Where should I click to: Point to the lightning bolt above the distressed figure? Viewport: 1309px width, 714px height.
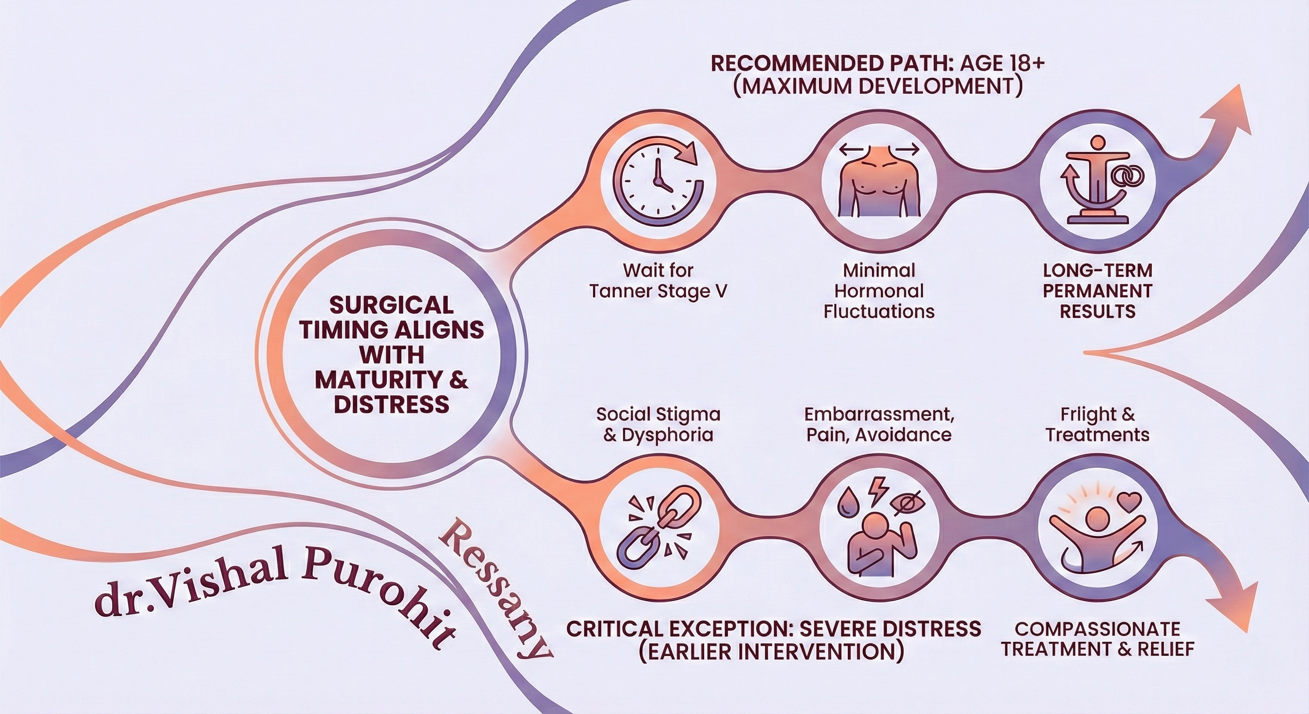point(879,490)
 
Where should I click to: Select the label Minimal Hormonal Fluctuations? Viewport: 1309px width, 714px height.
point(879,291)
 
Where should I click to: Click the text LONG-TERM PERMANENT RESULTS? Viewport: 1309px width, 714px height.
point(1097,291)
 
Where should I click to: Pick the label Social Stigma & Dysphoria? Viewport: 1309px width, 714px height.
point(658,424)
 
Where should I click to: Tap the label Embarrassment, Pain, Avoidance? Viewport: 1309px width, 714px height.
point(879,424)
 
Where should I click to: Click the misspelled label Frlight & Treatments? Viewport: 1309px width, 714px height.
point(1097,424)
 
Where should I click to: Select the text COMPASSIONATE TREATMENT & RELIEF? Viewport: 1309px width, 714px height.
point(1097,639)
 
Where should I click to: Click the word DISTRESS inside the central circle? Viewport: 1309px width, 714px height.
point(391,404)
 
